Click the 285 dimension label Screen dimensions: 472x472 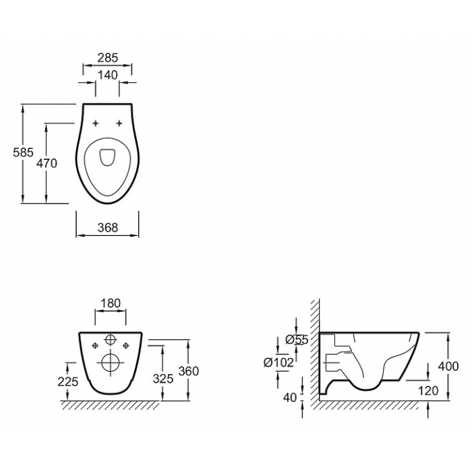click(108, 57)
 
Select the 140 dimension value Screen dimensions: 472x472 click(108, 75)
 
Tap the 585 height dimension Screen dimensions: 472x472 click(23, 152)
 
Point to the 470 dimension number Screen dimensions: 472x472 click(47, 163)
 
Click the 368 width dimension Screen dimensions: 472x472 click(108, 228)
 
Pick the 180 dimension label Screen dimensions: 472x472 click(111, 303)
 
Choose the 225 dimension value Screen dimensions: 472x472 click(68, 382)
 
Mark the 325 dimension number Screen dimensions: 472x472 click(163, 379)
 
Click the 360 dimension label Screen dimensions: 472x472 click(189, 371)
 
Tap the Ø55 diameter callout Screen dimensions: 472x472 click(297, 340)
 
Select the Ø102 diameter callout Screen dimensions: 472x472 click(278, 363)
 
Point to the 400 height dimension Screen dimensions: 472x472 click(448, 366)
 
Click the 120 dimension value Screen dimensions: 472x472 click(428, 390)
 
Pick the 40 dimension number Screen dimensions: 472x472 click(290, 398)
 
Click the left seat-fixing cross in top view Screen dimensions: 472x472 click(96, 123)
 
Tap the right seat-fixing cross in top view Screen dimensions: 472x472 click(119, 123)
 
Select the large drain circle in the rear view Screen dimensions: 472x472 click(111, 362)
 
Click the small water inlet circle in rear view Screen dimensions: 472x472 click(111, 340)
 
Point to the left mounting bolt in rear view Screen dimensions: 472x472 click(96, 346)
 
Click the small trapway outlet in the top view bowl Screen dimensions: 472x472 click(107, 157)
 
